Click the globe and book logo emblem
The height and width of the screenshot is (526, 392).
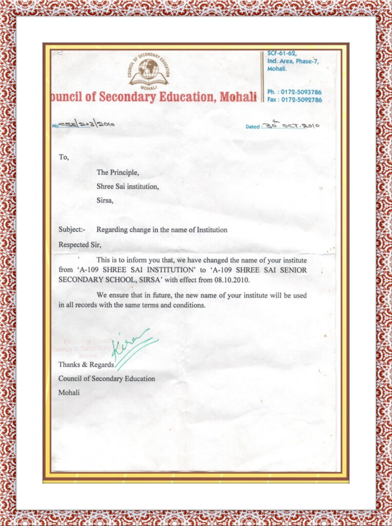click(148, 71)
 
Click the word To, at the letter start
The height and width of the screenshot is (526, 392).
click(63, 157)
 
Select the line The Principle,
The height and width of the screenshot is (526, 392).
click(118, 173)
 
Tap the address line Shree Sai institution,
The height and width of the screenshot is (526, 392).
click(127, 186)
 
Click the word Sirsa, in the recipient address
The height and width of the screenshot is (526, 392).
click(105, 200)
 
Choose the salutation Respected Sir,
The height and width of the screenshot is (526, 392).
click(80, 245)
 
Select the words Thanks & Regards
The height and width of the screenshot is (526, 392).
click(86, 364)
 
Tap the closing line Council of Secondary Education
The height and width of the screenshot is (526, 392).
click(106, 379)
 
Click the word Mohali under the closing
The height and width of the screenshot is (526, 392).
click(69, 392)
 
